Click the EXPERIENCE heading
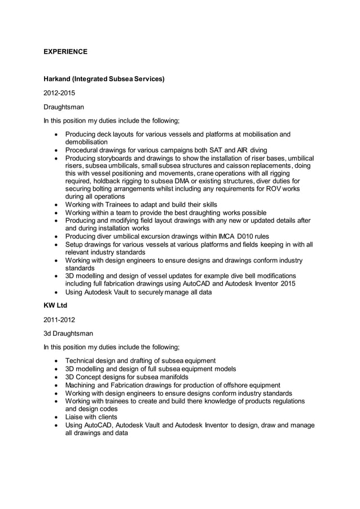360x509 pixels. pyautogui.click(x=65, y=52)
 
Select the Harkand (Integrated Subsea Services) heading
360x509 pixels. pyautogui.click(x=104, y=78)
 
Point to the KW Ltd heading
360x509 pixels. pyautogui.click(x=56, y=305)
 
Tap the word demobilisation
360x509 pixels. pyautogui.click(x=87, y=143)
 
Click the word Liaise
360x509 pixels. pyautogui.click(x=74, y=417)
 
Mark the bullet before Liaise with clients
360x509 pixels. pyautogui.click(x=56, y=417)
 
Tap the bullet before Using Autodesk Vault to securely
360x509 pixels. pyautogui.click(x=56, y=292)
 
